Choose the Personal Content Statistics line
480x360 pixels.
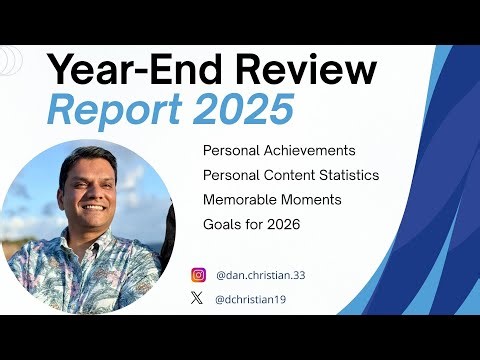pos(290,175)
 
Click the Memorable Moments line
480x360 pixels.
pos(272,200)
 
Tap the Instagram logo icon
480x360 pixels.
pos(198,274)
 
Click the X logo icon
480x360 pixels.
pos(198,298)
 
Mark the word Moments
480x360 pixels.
pos(312,200)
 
